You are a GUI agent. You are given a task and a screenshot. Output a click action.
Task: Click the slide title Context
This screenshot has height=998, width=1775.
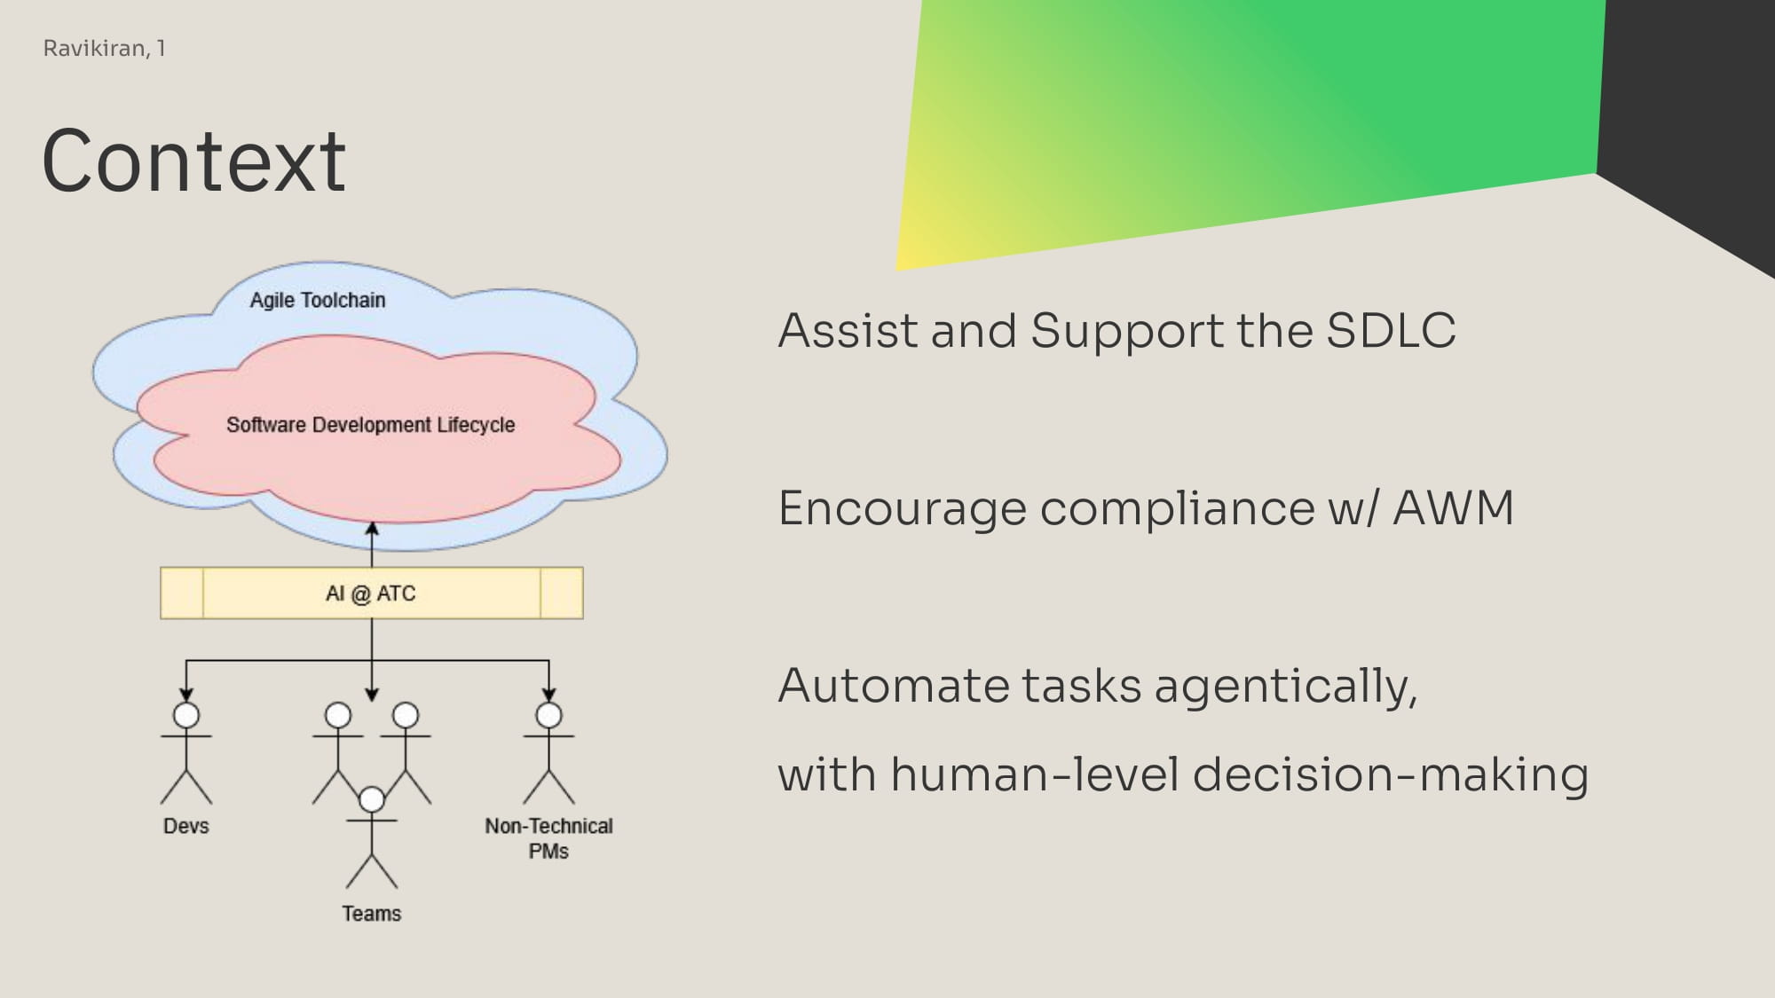coord(193,161)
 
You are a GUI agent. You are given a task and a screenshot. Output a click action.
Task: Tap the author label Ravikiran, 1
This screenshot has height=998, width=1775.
coord(105,48)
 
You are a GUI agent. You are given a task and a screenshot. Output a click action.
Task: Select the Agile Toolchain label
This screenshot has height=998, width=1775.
coord(318,300)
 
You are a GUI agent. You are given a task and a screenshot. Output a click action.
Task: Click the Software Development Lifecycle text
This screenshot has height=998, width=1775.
coord(370,425)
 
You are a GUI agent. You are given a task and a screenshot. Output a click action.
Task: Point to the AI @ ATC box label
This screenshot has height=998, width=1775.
coord(370,593)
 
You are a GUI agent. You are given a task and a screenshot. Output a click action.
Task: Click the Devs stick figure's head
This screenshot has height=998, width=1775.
coord(186,715)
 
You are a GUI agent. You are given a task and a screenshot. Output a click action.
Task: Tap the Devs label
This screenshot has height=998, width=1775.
coord(186,826)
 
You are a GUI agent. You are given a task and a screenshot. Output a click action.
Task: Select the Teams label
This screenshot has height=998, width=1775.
coord(372,914)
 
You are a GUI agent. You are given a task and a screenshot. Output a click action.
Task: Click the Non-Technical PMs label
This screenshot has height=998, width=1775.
coord(548,838)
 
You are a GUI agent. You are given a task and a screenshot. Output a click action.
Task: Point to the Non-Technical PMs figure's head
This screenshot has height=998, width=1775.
coord(548,715)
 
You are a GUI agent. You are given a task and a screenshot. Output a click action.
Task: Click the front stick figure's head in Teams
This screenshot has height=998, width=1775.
coord(372,799)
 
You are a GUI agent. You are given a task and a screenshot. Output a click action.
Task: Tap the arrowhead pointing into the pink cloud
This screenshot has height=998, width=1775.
coord(372,529)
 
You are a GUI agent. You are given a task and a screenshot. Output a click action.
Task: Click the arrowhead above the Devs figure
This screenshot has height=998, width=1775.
coord(186,695)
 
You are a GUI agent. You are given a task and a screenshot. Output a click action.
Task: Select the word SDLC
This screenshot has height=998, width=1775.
coord(1391,331)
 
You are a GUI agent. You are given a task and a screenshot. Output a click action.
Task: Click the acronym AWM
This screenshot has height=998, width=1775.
coord(1453,508)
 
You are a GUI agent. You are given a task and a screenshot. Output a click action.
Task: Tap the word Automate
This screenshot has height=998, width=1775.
coord(892,686)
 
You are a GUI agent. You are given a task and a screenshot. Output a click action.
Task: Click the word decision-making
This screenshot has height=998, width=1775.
coord(1390,775)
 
